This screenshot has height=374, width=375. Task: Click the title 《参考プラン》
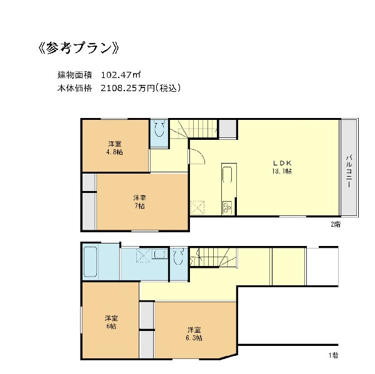point(79,49)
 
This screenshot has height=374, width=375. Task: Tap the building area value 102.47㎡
point(121,75)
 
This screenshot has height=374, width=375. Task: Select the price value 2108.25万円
point(127,88)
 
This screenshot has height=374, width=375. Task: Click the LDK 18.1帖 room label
point(282,167)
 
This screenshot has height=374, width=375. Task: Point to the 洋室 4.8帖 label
point(114,148)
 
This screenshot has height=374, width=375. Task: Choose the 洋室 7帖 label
point(139,202)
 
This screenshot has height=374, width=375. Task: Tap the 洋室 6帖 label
point(111,322)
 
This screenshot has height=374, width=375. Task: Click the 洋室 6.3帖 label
point(194,334)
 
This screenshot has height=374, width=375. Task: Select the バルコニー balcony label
point(349,171)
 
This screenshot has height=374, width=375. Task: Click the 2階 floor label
point(336,224)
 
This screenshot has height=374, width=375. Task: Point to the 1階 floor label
point(333,355)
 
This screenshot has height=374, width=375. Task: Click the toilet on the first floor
point(178,256)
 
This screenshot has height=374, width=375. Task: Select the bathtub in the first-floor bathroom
point(91,262)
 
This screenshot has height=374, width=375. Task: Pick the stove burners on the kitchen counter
point(227,208)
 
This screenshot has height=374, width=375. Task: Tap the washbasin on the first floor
point(159,253)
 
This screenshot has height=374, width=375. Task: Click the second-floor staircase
point(194,129)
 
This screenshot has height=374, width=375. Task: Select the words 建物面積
point(75,75)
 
